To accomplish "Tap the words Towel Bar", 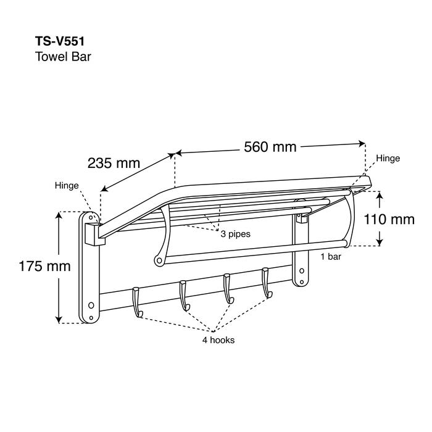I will click(x=64, y=57).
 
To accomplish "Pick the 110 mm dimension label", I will click(x=389, y=219).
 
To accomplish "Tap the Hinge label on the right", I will click(x=388, y=159).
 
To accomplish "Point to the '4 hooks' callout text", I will click(x=218, y=340).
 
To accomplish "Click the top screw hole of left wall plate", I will click(x=91, y=217).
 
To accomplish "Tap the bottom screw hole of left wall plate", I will click(x=91, y=305).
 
